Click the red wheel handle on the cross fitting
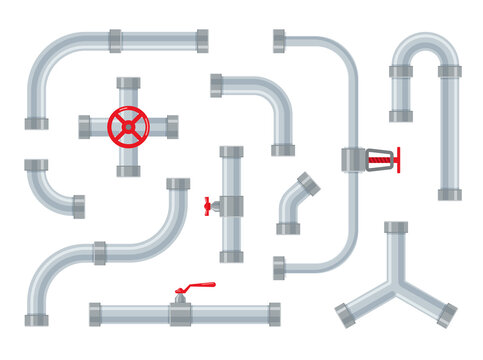tap(128, 125)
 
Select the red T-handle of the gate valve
tap(397, 158)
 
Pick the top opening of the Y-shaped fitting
tap(396, 228)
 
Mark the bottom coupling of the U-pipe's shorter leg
tap(400, 116)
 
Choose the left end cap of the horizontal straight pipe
tap(95, 314)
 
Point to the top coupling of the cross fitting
tap(128, 83)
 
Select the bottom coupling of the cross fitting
tap(128, 170)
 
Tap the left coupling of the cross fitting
tap(85, 126)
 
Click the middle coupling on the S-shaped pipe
tap(100, 253)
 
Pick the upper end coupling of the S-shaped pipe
tap(178, 184)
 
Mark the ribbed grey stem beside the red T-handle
tap(377, 158)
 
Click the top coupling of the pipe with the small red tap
tap(231, 152)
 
